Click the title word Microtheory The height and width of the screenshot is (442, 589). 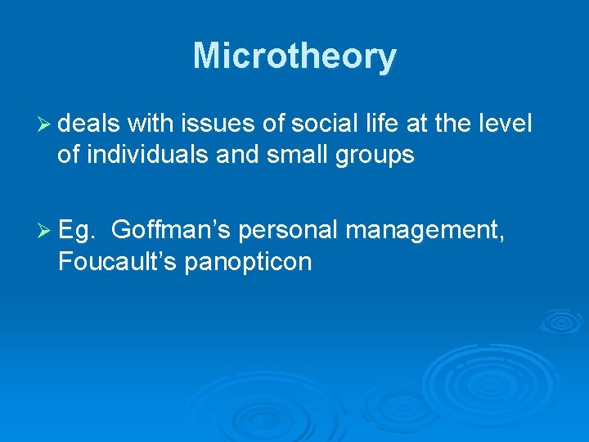click(294, 56)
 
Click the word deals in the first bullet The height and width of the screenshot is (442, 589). click(88, 124)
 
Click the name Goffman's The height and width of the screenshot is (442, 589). click(172, 231)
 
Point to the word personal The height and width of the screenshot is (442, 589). click(288, 231)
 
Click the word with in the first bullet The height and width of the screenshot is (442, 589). click(150, 124)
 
